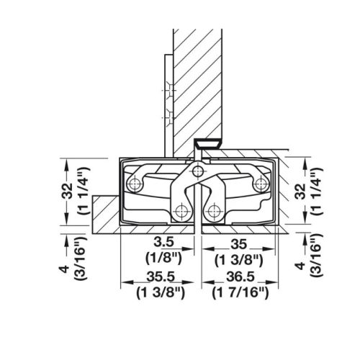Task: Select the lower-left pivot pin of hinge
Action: [181, 212]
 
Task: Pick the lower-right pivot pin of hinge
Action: [213, 212]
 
